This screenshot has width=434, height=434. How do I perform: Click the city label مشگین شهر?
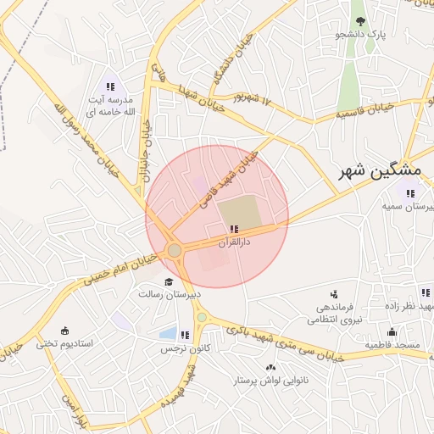coord(369,171)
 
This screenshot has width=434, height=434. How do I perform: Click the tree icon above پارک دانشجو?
coord(361,21)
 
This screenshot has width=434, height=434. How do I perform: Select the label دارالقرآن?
coord(234,242)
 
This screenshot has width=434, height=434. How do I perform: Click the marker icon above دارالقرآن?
coord(234,230)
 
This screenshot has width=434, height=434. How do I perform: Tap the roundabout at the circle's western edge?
coord(175,250)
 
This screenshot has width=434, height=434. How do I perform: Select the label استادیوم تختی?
coord(64,344)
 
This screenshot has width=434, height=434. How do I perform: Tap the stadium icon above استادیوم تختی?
coord(65,331)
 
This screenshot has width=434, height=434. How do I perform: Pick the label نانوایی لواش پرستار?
coord(270,381)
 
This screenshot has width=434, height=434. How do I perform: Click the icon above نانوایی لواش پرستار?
coord(270,368)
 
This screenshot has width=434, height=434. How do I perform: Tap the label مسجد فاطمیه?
coord(392,345)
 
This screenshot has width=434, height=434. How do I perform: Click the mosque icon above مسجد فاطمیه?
coord(392,331)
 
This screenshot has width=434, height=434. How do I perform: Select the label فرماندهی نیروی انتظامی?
coord(334,313)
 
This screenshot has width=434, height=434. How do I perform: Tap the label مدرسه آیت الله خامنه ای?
coord(110,105)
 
